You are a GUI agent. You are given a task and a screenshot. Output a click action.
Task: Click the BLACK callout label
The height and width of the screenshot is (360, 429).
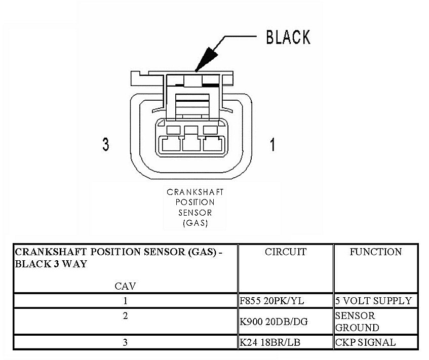click(x=288, y=37)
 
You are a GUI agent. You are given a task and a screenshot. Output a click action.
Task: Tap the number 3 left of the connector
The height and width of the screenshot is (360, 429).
click(x=105, y=145)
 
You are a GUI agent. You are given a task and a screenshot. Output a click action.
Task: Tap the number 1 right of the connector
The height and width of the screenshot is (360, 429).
click(x=272, y=145)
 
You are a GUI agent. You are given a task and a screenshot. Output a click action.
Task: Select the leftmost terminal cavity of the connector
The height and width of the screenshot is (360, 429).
click(x=169, y=144)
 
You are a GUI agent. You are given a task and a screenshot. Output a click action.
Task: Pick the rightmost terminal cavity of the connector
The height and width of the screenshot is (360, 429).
click(x=212, y=144)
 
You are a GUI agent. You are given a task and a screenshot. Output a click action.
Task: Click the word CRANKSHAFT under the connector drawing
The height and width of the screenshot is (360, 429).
click(x=195, y=192)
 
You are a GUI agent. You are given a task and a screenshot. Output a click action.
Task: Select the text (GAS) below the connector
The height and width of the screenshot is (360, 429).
click(x=195, y=223)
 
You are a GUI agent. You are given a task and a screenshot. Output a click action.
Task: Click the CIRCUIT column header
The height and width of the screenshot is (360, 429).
click(x=285, y=252)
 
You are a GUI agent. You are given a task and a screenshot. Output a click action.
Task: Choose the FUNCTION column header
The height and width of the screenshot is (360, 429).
click(x=375, y=252)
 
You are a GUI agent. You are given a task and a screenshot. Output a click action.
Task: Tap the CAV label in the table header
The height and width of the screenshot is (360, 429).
click(x=125, y=286)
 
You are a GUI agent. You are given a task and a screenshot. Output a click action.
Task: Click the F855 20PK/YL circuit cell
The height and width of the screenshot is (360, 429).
click(x=272, y=301)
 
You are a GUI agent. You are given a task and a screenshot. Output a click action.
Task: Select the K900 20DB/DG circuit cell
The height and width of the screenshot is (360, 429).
click(x=274, y=322)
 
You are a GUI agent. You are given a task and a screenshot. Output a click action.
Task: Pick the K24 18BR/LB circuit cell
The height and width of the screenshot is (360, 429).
click(x=270, y=343)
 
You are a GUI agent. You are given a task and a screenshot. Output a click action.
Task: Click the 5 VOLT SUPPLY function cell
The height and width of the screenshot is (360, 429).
click(x=373, y=301)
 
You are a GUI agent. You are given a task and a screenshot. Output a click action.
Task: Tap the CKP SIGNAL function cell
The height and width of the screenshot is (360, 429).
click(x=365, y=343)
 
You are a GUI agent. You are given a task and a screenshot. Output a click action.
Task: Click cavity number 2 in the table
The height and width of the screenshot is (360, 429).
click(x=125, y=316)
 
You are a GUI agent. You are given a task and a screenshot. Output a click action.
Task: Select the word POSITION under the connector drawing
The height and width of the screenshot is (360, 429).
click(x=195, y=203)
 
